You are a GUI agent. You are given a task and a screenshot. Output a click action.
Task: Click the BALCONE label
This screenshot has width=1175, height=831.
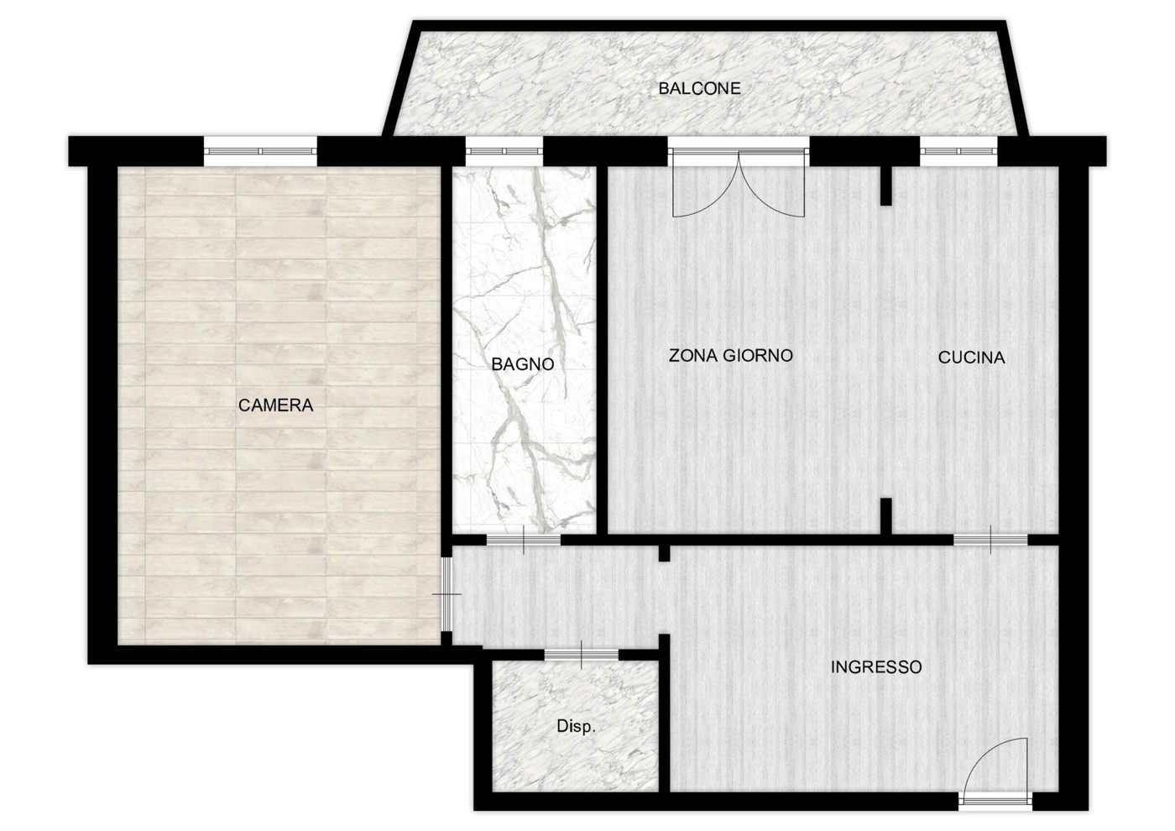pyautogui.click(x=699, y=88)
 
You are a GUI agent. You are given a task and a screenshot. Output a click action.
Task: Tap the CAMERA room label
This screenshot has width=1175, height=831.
pyautogui.click(x=275, y=405)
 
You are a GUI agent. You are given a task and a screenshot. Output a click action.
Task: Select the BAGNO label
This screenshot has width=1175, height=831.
pyautogui.click(x=522, y=364)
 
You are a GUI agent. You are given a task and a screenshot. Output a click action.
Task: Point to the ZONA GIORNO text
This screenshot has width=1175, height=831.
pyautogui.click(x=730, y=355)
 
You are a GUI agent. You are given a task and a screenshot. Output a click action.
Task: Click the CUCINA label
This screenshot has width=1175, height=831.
pyautogui.click(x=971, y=358)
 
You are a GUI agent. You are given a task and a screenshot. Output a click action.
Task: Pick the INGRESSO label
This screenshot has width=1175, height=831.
pyautogui.click(x=876, y=666)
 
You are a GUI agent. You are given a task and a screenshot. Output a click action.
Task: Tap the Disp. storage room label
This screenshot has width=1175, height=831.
pyautogui.click(x=576, y=727)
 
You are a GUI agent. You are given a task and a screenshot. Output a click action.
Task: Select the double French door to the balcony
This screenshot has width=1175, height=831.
pyautogui.click(x=739, y=184)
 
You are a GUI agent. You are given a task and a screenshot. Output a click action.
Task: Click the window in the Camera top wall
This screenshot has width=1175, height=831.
pyautogui.click(x=260, y=151)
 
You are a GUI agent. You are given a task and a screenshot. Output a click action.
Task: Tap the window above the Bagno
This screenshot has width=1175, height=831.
pyautogui.click(x=504, y=151)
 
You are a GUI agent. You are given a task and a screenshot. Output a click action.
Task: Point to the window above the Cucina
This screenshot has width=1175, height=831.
pyautogui.click(x=958, y=151)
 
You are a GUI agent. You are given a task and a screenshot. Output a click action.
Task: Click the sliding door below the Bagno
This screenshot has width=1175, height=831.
pyautogui.click(x=524, y=540)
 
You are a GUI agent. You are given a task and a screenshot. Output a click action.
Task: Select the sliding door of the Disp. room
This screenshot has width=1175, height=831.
pyautogui.click(x=581, y=655)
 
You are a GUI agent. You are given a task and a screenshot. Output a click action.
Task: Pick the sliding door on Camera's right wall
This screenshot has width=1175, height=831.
pyautogui.click(x=446, y=594)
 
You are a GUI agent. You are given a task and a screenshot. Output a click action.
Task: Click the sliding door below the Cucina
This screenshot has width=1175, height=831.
pyautogui.click(x=990, y=540)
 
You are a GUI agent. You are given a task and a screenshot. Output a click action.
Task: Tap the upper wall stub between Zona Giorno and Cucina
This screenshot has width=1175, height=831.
pyautogui.click(x=886, y=186)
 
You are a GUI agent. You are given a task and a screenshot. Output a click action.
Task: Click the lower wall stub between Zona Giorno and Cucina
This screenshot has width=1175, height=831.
pyautogui.click(x=886, y=516)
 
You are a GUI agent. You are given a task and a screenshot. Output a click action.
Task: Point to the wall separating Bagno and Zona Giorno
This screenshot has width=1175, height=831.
pyautogui.click(x=603, y=351)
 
